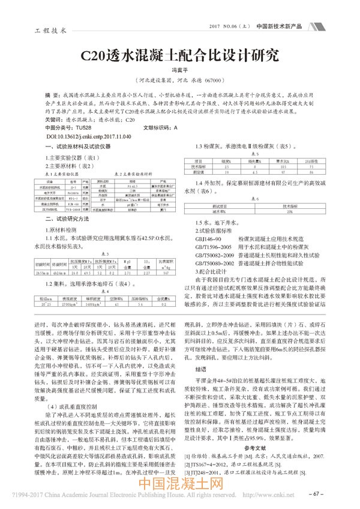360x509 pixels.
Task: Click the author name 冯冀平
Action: point(181,70)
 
